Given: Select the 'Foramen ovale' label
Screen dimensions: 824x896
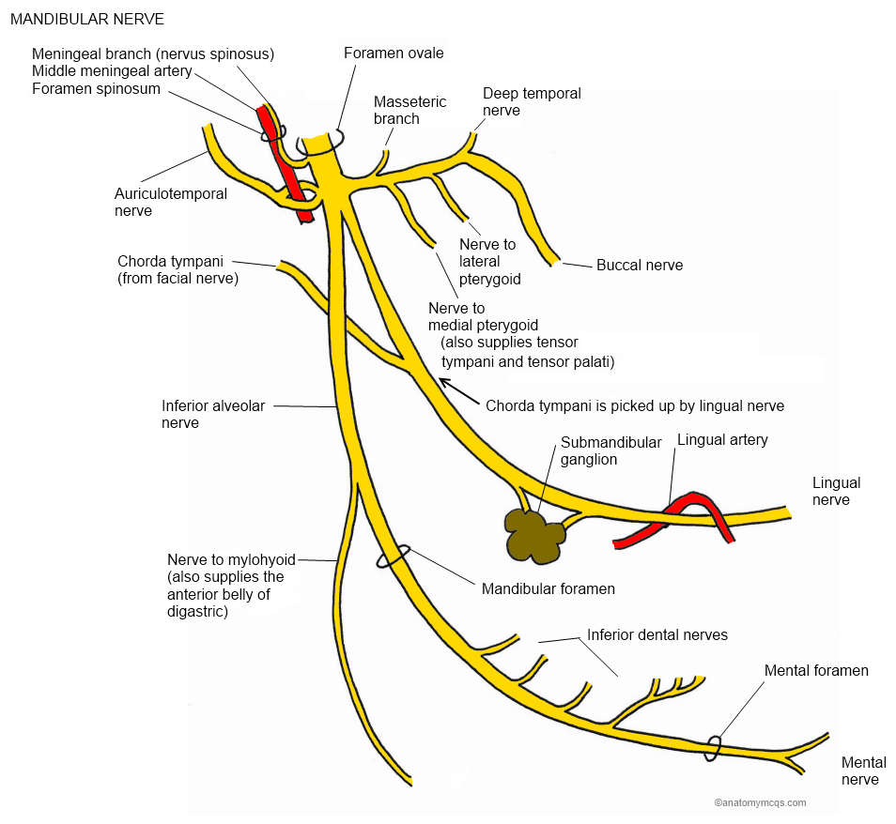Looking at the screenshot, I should pyautogui.click(x=394, y=53).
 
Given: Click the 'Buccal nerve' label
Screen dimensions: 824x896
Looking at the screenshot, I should pyautogui.click(x=640, y=266).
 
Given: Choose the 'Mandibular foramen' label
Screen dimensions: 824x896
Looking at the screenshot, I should pyautogui.click(x=548, y=588).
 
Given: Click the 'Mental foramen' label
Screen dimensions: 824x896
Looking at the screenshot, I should pyautogui.click(x=816, y=670).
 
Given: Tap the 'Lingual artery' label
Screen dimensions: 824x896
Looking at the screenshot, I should pyautogui.click(x=722, y=439).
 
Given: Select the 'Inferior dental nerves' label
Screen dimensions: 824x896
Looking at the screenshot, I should pyautogui.click(x=657, y=635).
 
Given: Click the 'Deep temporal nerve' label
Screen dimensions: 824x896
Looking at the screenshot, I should pyautogui.click(x=532, y=101).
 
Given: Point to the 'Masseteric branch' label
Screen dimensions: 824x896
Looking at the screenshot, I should pyautogui.click(x=409, y=110).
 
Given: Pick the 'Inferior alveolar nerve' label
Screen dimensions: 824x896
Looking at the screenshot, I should pyautogui.click(x=213, y=414).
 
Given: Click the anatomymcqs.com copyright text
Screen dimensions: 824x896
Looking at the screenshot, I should pyautogui.click(x=760, y=802).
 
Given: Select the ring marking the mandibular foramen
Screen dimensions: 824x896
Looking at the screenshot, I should pyautogui.click(x=394, y=556).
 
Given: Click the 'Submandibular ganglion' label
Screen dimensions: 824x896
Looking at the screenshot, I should pyautogui.click(x=611, y=450).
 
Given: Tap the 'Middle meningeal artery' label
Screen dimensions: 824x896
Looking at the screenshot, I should pyautogui.click(x=112, y=71).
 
